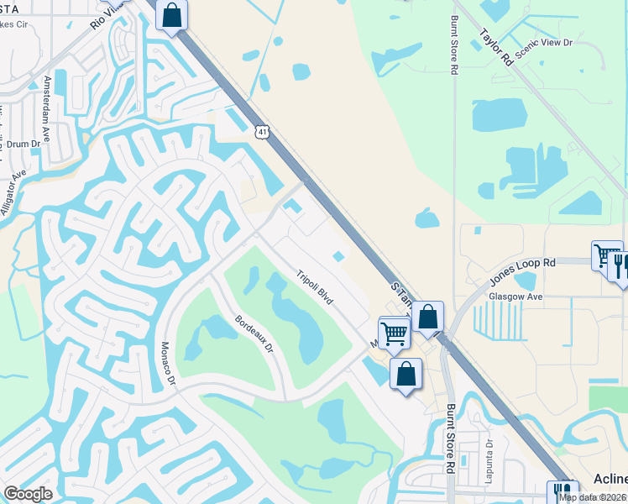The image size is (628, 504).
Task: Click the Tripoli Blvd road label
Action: tap(315, 287)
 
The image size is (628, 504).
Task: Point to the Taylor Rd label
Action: tap(496, 47)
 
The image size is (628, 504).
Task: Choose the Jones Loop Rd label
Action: tap(523, 274)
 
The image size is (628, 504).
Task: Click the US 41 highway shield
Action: tap(263, 131)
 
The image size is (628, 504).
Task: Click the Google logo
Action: tap(28, 494)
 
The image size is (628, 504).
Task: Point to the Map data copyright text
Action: tap(591, 497)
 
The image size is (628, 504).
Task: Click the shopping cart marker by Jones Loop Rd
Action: tap(605, 254)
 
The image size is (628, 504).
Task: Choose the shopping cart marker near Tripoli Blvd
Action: tap(394, 333)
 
